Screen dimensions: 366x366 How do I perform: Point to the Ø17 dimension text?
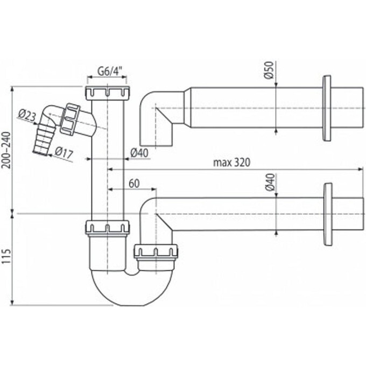pos(64,153)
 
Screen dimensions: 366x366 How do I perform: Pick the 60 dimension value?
pos(134,183)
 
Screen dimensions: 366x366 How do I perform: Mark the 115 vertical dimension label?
pos(6,259)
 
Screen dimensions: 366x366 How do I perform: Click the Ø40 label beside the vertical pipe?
pos(139,154)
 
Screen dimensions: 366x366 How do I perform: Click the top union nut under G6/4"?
pos(108,93)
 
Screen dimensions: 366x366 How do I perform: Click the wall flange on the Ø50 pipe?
pos(327,108)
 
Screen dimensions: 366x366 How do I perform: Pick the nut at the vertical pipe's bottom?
pos(107,227)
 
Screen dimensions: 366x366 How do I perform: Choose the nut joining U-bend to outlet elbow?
pos(156,251)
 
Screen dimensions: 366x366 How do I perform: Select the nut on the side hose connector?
pos(70,118)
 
